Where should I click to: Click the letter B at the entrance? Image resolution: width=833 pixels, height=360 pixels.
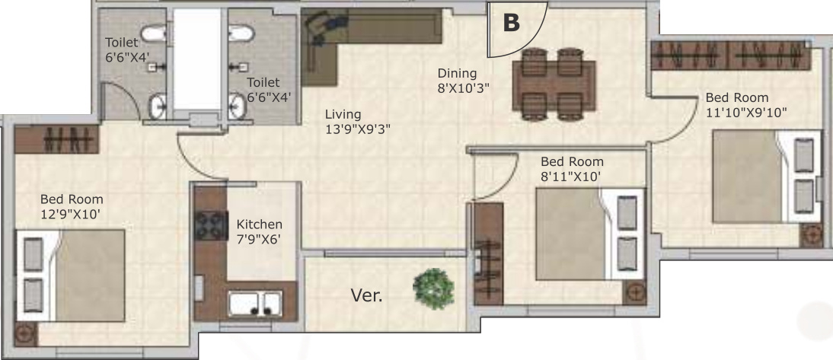pos(512,23)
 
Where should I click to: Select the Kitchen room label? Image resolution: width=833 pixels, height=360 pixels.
pos(259,231)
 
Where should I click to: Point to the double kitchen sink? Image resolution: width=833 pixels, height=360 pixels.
pos(255,303)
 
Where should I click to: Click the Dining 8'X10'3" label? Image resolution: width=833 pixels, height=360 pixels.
pos(462,80)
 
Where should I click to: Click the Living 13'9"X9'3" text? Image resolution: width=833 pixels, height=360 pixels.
pos(358,122)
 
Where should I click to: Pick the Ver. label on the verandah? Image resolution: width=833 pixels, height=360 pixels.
pos(365,295)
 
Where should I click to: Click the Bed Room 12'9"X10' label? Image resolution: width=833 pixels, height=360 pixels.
pos(72,206)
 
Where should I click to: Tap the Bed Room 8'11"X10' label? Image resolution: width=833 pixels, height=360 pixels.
pos(572,169)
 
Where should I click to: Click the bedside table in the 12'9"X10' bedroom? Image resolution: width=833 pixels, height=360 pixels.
pos(25,333)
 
